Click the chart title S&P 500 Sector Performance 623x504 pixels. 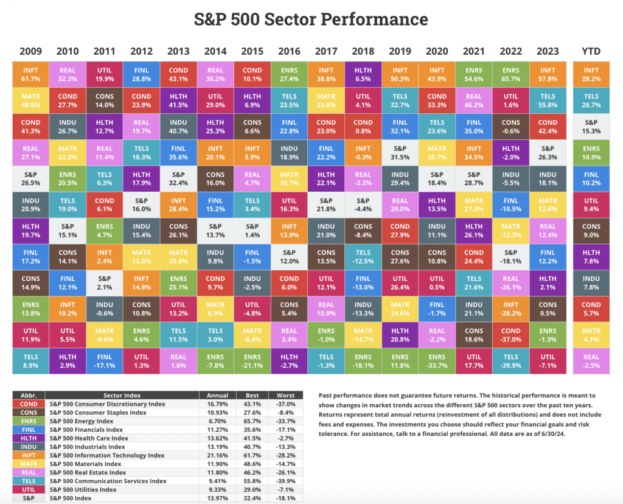[x=311, y=19]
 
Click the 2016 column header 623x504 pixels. [x=289, y=51]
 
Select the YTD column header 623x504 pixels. [x=591, y=51]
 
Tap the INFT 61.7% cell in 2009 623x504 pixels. [x=30, y=74]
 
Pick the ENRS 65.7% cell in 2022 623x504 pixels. [x=510, y=74]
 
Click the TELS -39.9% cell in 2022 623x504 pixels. [x=510, y=361]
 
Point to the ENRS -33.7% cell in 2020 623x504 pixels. [x=437, y=361]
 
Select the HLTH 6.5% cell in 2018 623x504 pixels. [x=363, y=74]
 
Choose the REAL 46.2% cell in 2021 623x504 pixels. [x=473, y=100]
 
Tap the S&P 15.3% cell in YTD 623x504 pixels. [x=591, y=127]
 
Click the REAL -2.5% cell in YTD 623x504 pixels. [x=591, y=361]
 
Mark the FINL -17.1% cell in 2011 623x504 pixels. [x=104, y=361]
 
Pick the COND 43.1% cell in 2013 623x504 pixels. [x=178, y=74]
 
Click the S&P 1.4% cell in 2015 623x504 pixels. [x=252, y=231]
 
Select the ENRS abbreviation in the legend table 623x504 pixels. [x=29, y=421]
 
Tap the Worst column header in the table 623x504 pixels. [x=285, y=394]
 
